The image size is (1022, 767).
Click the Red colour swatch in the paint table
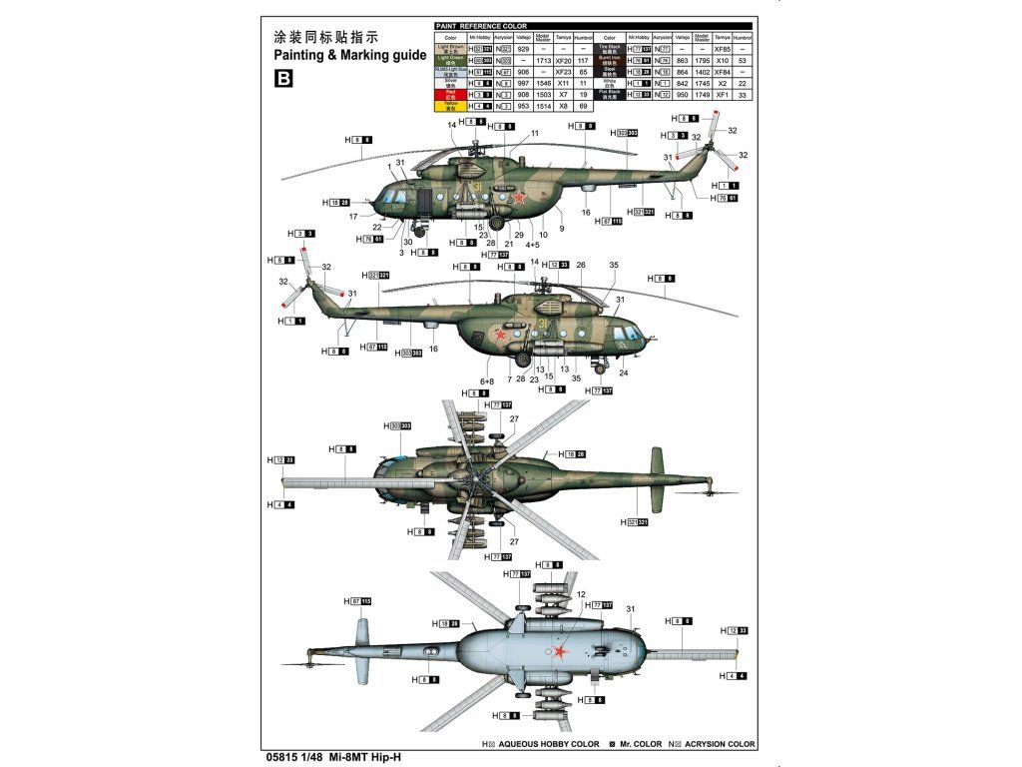(x=449, y=94)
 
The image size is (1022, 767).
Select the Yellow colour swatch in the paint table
(x=449, y=105)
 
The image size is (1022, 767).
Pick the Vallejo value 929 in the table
(x=523, y=49)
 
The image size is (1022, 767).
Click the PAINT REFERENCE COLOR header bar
(x=593, y=26)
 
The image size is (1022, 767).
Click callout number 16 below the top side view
(x=586, y=212)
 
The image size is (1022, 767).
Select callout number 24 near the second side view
(x=623, y=373)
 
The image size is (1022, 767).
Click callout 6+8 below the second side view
(x=487, y=382)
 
